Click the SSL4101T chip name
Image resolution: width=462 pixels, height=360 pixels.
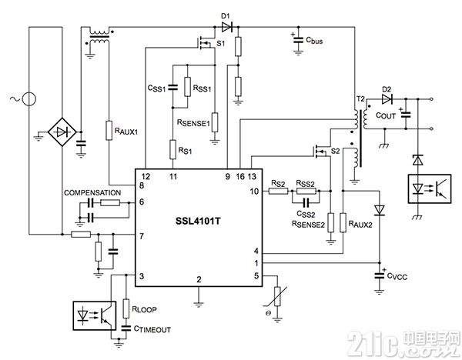click(x=198, y=221)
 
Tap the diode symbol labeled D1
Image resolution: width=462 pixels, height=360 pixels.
click(x=226, y=27)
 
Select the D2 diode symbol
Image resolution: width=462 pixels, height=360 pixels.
click(x=387, y=99)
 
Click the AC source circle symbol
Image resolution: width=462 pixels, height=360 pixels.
click(x=29, y=99)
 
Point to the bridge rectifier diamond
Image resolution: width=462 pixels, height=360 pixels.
click(x=62, y=132)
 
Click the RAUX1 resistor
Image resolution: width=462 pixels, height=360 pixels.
click(x=109, y=130)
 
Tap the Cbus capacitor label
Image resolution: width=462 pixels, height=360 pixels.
click(x=314, y=41)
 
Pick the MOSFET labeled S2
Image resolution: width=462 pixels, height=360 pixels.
click(x=320, y=151)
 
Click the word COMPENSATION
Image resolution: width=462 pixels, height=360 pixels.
click(x=92, y=193)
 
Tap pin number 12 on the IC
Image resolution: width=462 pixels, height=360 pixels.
click(x=146, y=176)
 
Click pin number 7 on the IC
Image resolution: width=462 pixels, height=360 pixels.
click(x=142, y=236)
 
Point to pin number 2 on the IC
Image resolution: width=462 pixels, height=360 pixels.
click(x=199, y=279)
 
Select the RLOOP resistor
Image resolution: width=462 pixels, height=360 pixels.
click(x=126, y=308)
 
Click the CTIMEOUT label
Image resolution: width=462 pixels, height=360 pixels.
click(x=152, y=329)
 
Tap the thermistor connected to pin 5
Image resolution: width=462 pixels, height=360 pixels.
click(x=277, y=296)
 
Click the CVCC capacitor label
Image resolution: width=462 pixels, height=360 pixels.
click(x=397, y=276)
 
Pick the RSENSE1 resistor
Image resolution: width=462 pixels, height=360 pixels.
click(x=215, y=122)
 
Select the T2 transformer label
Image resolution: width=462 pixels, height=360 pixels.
click(x=360, y=99)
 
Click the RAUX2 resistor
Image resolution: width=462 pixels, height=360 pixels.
click(x=343, y=223)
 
